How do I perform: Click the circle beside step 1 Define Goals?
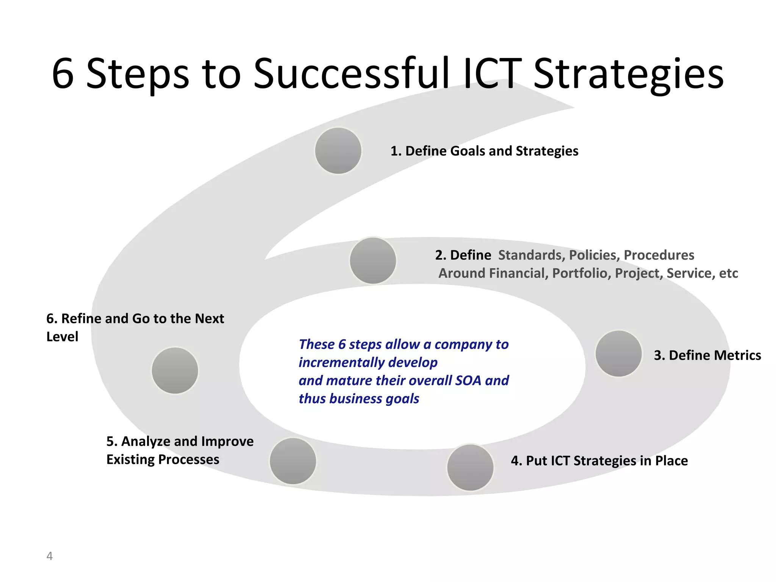[x=338, y=151]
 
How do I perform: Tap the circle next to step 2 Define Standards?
[x=373, y=261]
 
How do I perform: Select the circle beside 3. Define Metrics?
[x=618, y=354]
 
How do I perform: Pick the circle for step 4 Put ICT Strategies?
[x=470, y=468]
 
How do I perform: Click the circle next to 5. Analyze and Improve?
[x=293, y=461]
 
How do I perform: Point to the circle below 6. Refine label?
[x=175, y=371]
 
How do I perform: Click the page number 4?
[x=49, y=556]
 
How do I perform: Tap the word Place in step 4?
[x=671, y=461]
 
